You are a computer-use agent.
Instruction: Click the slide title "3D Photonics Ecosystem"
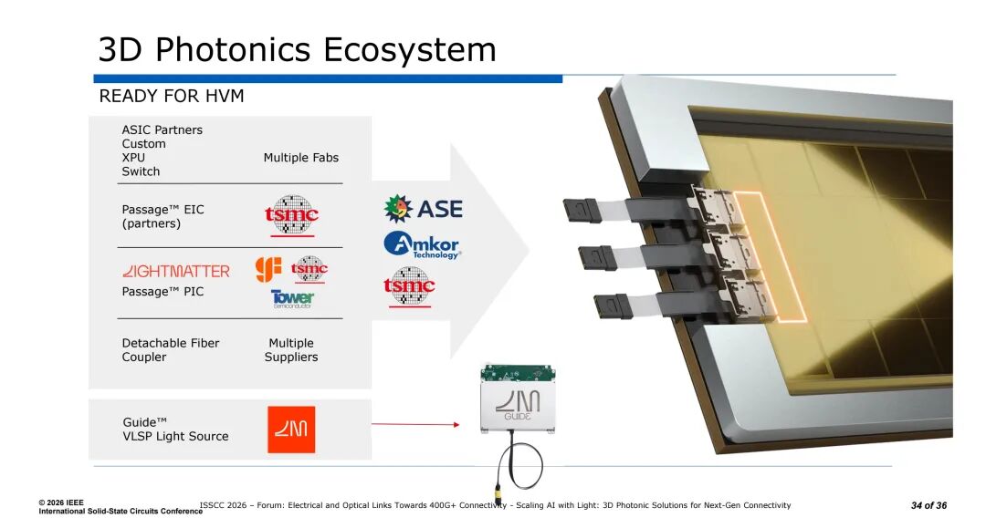click(x=298, y=49)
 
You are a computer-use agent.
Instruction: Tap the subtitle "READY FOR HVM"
click(x=172, y=97)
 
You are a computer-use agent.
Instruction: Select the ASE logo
click(x=423, y=209)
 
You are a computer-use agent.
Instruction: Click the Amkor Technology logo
click(x=422, y=244)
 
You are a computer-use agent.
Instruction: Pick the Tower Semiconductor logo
click(x=292, y=298)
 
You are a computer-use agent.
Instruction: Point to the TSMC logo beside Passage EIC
click(x=291, y=215)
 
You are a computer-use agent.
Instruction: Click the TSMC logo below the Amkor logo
click(x=409, y=286)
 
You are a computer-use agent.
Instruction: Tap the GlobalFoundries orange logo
click(x=267, y=268)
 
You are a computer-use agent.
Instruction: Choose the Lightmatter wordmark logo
click(x=175, y=271)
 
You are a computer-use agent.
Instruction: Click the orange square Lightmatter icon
click(x=291, y=430)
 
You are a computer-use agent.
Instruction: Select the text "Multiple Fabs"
click(x=300, y=158)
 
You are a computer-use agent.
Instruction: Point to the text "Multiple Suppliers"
click(x=291, y=350)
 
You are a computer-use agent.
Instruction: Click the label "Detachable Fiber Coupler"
click(x=171, y=350)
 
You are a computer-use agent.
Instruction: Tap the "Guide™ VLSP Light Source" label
click(x=175, y=430)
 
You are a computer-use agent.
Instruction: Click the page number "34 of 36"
click(x=928, y=505)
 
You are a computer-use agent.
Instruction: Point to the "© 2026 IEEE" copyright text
click(x=61, y=502)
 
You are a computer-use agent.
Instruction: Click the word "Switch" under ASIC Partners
click(x=141, y=171)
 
